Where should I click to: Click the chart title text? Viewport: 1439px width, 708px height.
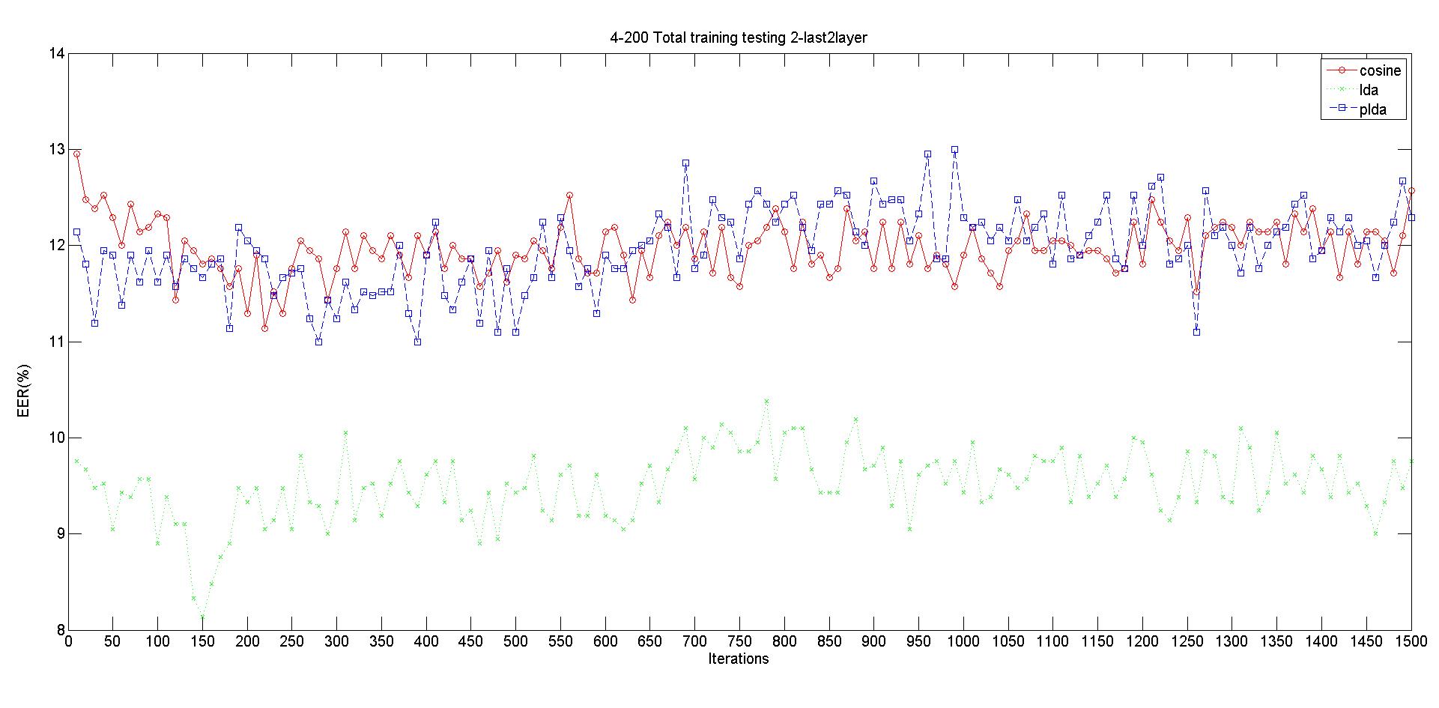[x=739, y=37]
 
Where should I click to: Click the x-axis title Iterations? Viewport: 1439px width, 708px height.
[x=739, y=659]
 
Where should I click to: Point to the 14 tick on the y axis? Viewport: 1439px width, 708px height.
[x=56, y=54]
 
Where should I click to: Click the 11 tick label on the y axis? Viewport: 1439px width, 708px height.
[x=56, y=342]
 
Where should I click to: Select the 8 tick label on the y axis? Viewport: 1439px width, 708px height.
[x=60, y=629]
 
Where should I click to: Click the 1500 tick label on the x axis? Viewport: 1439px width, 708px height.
[x=1411, y=641]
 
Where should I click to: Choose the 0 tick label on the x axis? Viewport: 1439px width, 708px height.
[x=68, y=641]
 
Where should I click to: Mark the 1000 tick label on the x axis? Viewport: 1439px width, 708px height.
[x=963, y=641]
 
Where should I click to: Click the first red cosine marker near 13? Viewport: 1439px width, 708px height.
[x=76, y=154]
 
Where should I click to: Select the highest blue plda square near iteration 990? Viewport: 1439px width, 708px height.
[x=954, y=150]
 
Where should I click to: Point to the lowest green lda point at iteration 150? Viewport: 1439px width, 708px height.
[x=202, y=617]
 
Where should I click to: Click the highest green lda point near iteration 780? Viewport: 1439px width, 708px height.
[x=766, y=402]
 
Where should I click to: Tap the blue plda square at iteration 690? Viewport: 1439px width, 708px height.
[x=685, y=163]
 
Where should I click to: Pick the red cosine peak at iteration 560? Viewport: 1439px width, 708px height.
[x=569, y=196]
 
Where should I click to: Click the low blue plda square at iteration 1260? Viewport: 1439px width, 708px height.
[x=1196, y=332]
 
